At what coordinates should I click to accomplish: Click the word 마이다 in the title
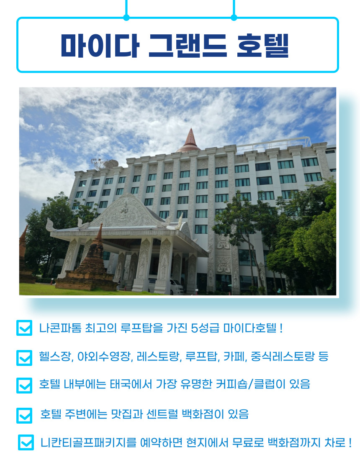100,46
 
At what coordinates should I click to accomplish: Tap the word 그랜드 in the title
188,46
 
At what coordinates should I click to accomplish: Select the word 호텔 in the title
263,46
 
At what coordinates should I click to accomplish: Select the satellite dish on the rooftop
104,163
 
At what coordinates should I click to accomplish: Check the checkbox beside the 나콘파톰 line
24,328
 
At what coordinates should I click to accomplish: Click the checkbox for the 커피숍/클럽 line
24,385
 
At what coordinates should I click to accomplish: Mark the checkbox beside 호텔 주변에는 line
24,415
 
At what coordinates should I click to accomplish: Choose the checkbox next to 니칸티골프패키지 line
26,442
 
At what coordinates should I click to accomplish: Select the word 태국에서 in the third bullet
131,384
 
